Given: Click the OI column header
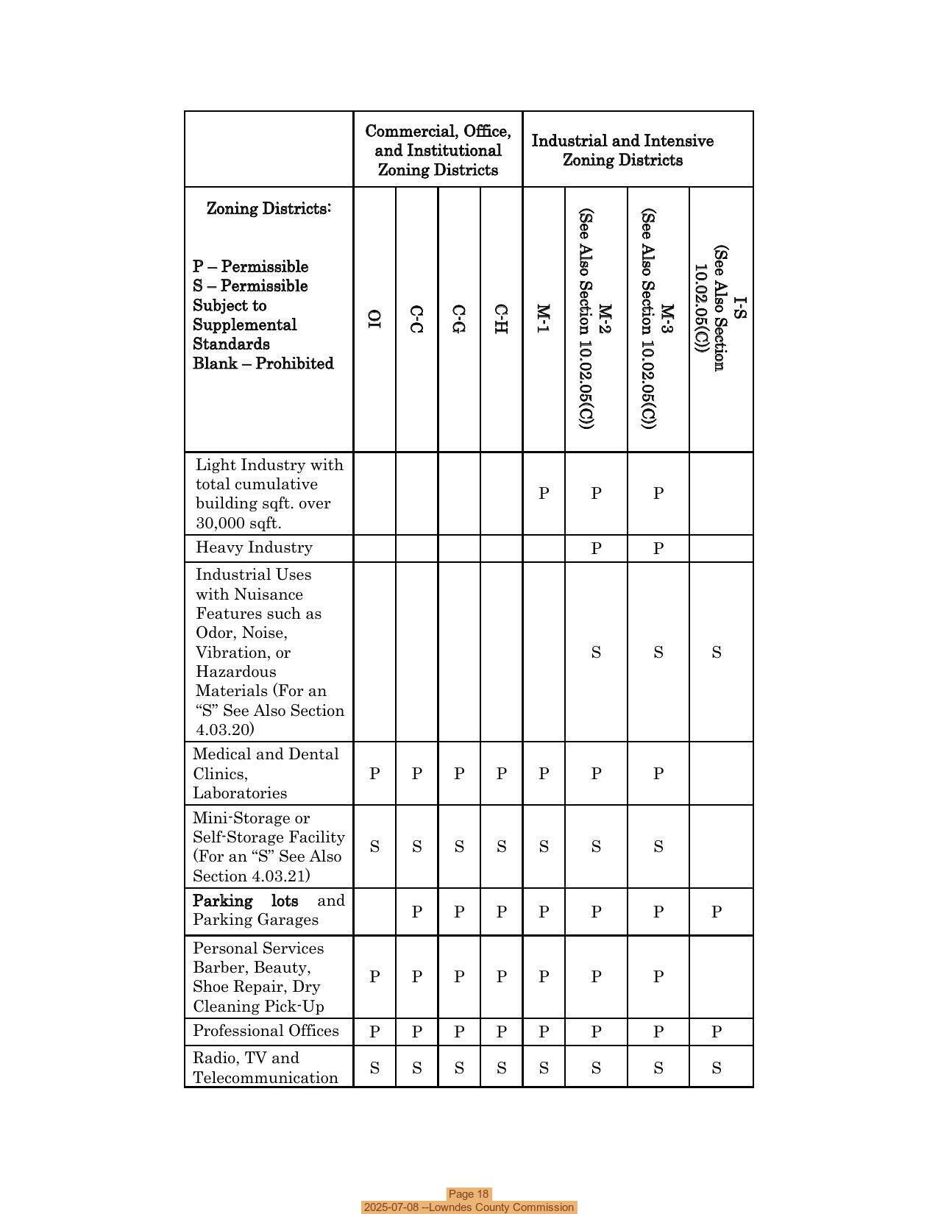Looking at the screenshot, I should pyautogui.click(x=374, y=319).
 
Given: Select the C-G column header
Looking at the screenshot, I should pyautogui.click(x=458, y=319).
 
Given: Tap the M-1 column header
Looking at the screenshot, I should pyautogui.click(x=543, y=319).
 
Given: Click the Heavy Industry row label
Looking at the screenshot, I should pyautogui.click(x=254, y=547).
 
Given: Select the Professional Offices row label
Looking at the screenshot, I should pyautogui.click(x=266, y=1031).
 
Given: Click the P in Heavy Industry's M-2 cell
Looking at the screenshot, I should pyautogui.click(x=596, y=548).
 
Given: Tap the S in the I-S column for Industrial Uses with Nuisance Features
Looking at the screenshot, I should pyautogui.click(x=717, y=653).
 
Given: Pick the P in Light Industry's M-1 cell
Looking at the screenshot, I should pyautogui.click(x=544, y=493).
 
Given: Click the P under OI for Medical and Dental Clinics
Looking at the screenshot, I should pyautogui.click(x=374, y=774).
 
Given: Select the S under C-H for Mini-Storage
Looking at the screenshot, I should pyautogui.click(x=501, y=847).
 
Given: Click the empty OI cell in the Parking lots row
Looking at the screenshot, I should pyautogui.click(x=374, y=912).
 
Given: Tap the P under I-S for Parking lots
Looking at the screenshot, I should pyautogui.click(x=717, y=912).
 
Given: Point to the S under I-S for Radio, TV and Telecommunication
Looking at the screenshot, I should pyautogui.click(x=717, y=1068).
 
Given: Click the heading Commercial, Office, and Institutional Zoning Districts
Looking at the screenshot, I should pyautogui.click(x=438, y=150).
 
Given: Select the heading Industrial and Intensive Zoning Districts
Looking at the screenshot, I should pyautogui.click(x=622, y=150).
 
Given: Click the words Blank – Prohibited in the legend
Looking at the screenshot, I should pyautogui.click(x=263, y=363).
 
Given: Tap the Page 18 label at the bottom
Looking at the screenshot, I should pyautogui.click(x=469, y=1194).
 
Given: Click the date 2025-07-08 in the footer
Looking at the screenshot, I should pyautogui.click(x=391, y=1207).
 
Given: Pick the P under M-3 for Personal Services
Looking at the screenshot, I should pyautogui.click(x=658, y=977).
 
